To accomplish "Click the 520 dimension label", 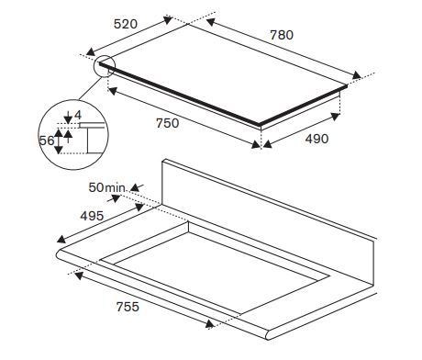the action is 126,24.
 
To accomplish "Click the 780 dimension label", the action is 282,35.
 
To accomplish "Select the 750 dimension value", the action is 168,123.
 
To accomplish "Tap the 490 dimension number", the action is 316,139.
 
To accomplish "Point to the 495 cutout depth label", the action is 92,216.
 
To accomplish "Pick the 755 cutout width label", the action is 128,307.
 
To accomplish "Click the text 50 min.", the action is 106,187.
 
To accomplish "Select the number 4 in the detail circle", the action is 78,115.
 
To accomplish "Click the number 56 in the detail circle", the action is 47,141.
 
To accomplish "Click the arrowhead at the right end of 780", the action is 356,75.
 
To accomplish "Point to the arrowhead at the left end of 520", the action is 91,52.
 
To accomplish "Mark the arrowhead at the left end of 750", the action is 113,91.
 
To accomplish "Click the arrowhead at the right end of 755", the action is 210,324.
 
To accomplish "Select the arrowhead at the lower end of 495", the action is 62,239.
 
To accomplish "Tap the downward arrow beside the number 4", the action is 68,118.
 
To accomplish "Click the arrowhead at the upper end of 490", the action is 336,117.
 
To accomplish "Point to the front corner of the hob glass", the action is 260,125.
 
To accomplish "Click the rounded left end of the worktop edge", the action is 59,255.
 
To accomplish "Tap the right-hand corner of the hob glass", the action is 347,86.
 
